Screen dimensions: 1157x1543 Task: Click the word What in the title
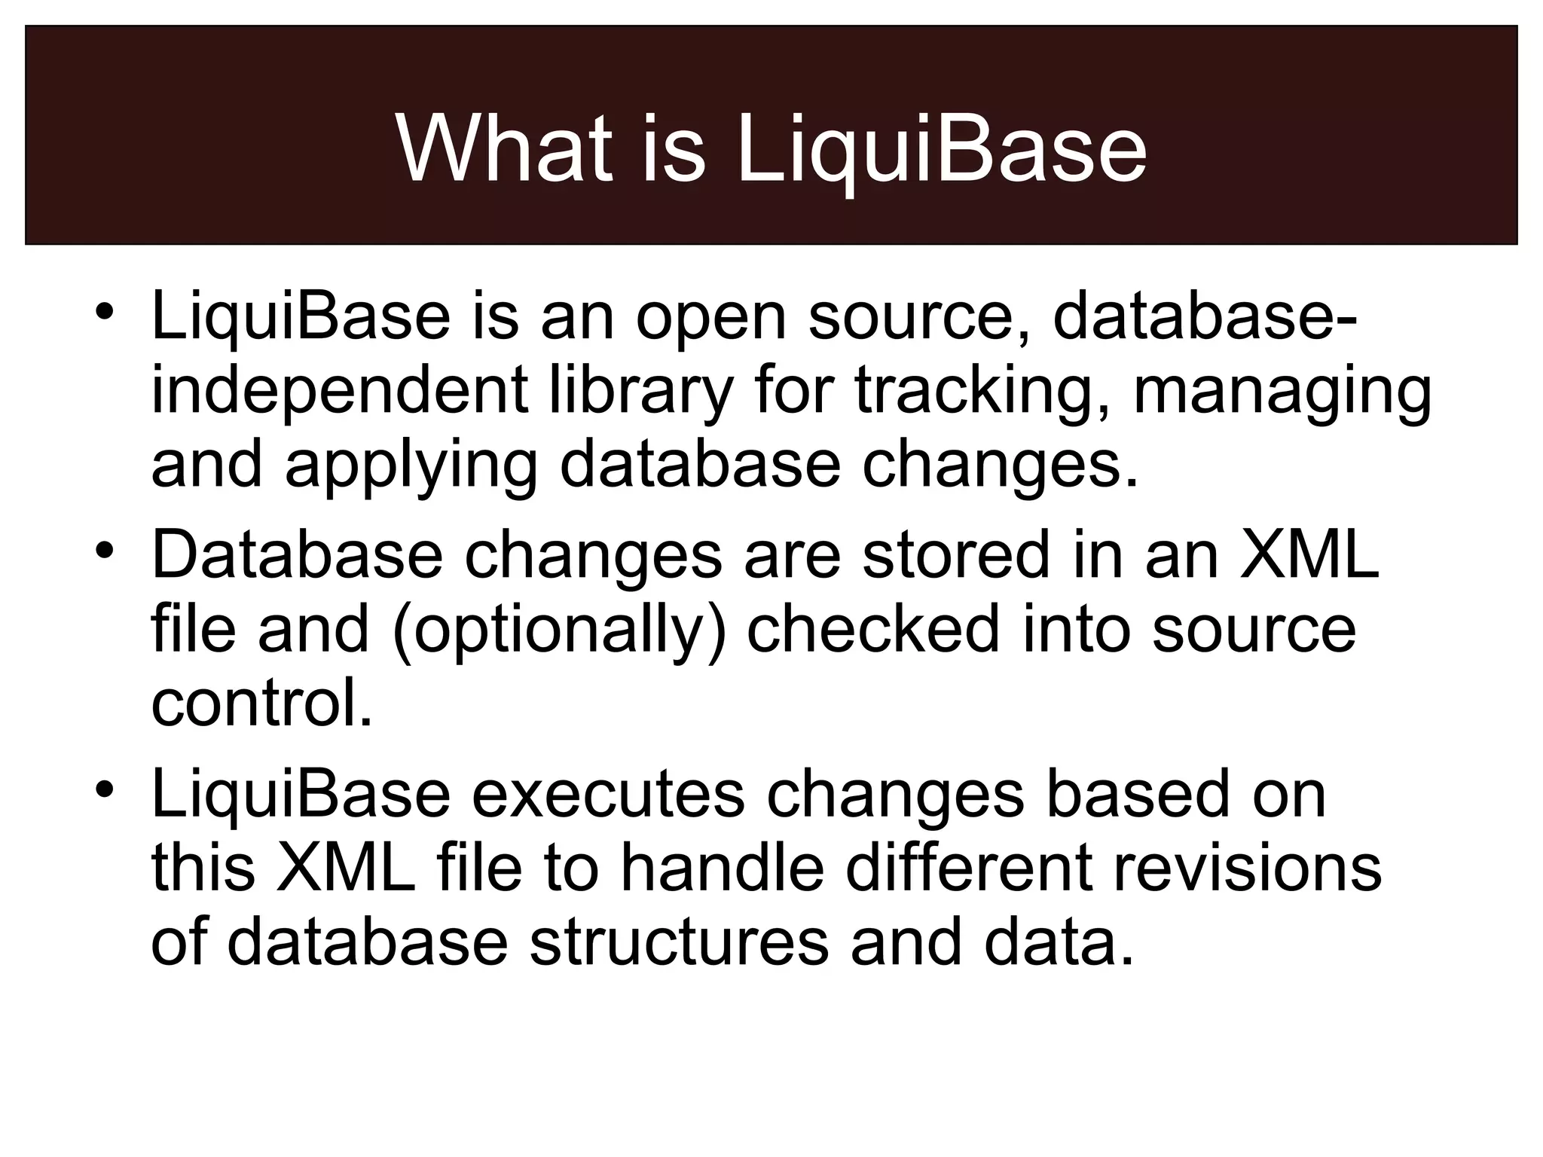[x=503, y=149]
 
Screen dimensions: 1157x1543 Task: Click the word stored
[x=955, y=556]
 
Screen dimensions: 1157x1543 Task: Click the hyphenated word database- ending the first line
[x=1205, y=316]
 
